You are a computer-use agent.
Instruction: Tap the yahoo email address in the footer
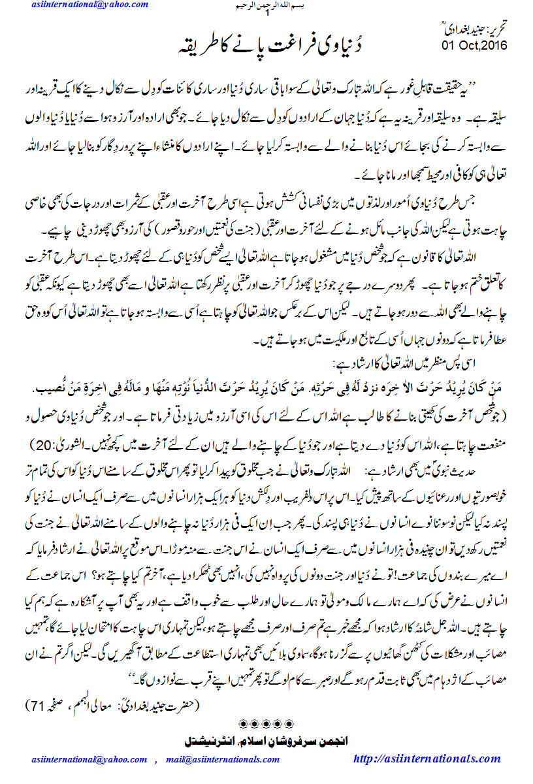click(x=89, y=760)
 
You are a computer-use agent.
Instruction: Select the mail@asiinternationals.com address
click(x=223, y=760)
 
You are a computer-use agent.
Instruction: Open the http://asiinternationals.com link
click(x=427, y=759)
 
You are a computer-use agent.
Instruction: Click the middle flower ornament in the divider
click(x=266, y=723)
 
